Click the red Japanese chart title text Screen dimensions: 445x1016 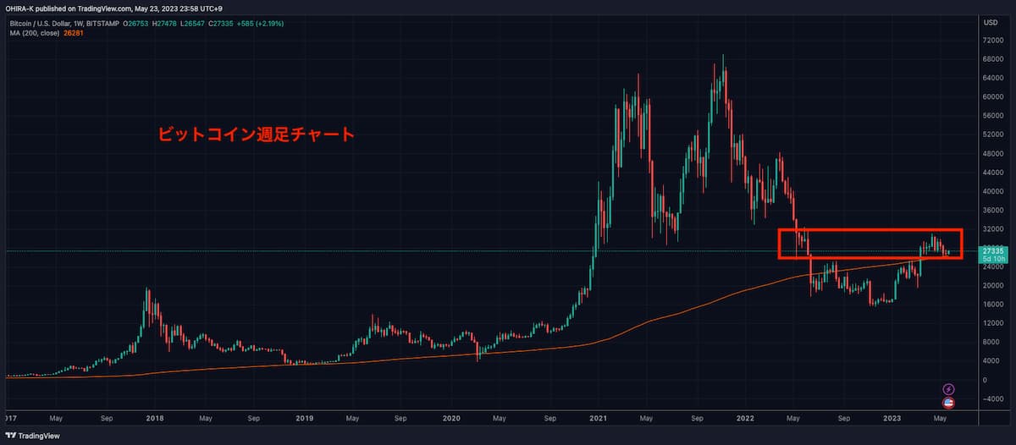pos(257,134)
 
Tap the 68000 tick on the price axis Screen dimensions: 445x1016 pos(991,59)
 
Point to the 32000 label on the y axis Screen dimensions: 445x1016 pos(991,228)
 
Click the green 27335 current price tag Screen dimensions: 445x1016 pos(992,251)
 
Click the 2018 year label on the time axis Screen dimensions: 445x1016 pos(154,418)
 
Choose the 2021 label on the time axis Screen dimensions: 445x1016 pos(599,418)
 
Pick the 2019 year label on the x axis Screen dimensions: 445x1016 pos(304,418)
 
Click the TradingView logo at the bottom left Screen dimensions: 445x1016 pos(36,436)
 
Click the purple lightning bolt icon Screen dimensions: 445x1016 pos(949,388)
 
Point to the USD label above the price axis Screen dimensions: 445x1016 pos(989,21)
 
